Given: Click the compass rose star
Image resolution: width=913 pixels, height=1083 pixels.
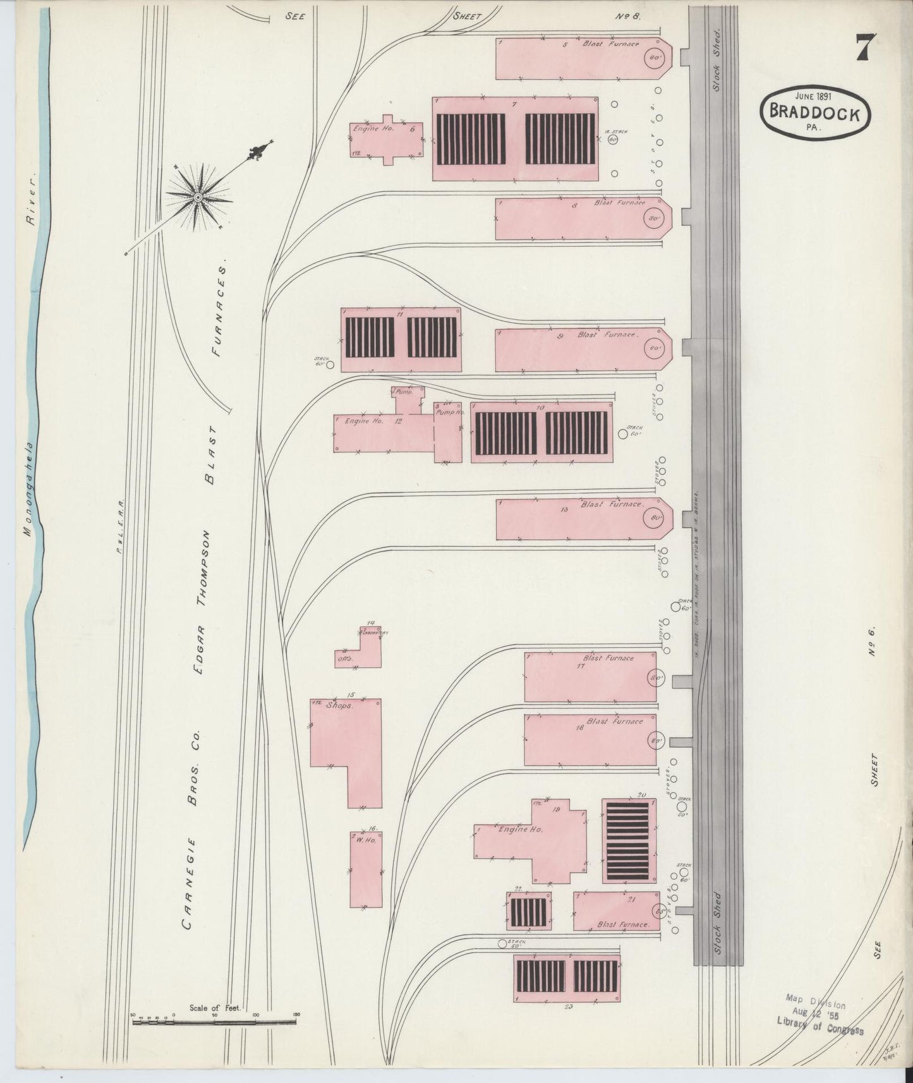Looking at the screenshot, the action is click(x=198, y=197).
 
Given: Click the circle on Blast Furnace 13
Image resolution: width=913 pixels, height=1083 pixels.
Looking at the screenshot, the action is click(x=653, y=519).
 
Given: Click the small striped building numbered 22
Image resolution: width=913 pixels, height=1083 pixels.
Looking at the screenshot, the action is click(x=528, y=912).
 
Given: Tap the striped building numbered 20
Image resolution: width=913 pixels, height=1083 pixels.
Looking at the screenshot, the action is click(x=629, y=841).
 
